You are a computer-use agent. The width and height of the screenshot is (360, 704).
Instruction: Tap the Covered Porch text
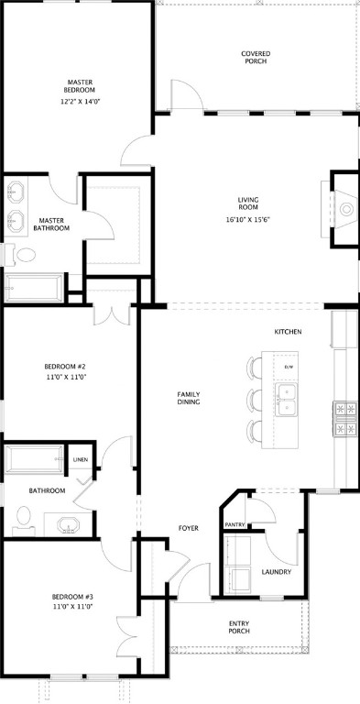tap(256, 58)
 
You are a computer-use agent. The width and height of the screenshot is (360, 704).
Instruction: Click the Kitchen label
tap(288, 331)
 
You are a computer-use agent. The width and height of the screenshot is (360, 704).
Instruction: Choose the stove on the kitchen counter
tap(345, 418)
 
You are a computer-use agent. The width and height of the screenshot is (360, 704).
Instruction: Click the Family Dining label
tap(189, 399)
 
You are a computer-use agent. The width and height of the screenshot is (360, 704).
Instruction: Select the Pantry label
tap(234, 524)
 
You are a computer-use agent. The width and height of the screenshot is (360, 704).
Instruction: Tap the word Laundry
tap(276, 572)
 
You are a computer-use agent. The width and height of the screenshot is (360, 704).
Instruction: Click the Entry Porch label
tap(239, 627)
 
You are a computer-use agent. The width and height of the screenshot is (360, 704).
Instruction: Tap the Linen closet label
tap(81, 459)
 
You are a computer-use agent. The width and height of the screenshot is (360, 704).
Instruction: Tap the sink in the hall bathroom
tap(68, 526)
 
